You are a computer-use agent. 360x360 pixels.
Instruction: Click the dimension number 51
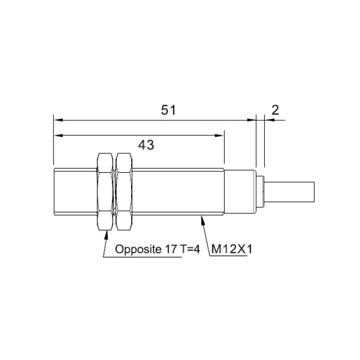point(168,110)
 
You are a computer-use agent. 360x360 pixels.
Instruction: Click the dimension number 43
point(146,145)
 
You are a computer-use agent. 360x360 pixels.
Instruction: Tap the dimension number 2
point(275,110)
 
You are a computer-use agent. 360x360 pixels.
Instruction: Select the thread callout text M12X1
point(231,249)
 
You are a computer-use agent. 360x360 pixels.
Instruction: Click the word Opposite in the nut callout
point(138,249)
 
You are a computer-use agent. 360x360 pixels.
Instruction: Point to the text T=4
point(190,249)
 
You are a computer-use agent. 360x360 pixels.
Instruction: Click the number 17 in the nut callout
point(171,249)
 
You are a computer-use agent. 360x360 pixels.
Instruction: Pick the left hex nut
point(105,191)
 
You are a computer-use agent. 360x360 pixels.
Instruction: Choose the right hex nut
point(124,191)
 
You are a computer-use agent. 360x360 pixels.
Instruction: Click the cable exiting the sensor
point(289,192)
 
